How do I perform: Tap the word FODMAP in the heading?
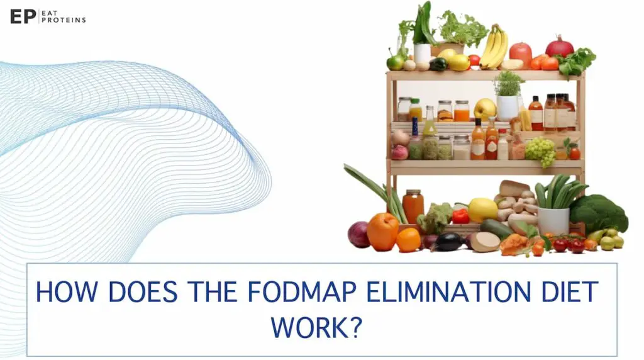tap(302, 292)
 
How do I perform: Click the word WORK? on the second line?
tap(316, 327)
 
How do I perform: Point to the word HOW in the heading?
tap(67, 292)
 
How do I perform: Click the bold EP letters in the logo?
tap(23, 16)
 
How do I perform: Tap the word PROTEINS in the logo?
tap(64, 20)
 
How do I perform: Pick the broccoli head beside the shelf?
tap(599, 213)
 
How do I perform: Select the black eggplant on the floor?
tap(448, 242)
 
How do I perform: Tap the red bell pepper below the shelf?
tap(461, 217)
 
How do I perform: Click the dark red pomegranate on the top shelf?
tap(559, 47)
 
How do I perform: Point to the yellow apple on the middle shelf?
tap(485, 110)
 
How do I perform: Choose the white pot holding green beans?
tap(553, 222)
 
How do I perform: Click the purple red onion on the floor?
tap(358, 234)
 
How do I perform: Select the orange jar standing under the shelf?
tap(413, 206)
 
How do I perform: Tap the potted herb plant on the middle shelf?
tap(508, 95)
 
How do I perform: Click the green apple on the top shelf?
tap(396, 62)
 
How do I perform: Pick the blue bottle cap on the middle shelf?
tap(415, 121)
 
